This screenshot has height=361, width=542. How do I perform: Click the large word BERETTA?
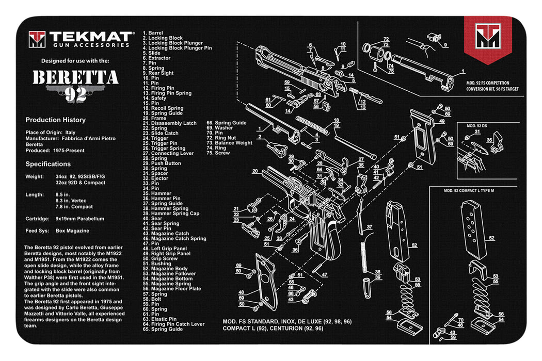tap(75, 77)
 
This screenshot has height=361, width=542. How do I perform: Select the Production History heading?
tap(56, 120)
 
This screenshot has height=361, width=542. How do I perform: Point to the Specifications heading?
tap(48, 164)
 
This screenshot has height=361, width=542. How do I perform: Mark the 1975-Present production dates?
tap(69, 151)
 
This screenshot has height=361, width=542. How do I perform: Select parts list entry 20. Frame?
tap(154, 118)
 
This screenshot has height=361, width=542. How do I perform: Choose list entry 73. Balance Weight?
tap(230, 143)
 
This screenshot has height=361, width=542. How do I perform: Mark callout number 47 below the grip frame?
tap(324, 275)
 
